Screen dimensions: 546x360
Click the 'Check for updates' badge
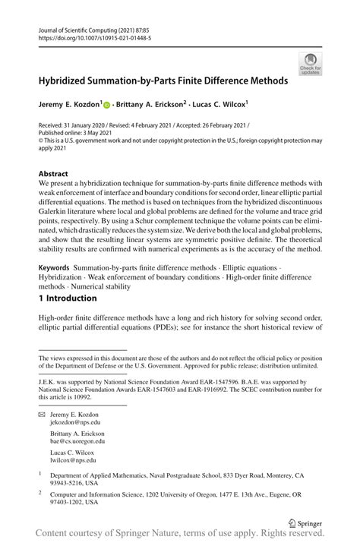[310, 64]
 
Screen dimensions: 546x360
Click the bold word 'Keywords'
[55, 270]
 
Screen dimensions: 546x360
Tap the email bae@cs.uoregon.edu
[77, 440]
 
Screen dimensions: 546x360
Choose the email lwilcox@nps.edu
[73, 459]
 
